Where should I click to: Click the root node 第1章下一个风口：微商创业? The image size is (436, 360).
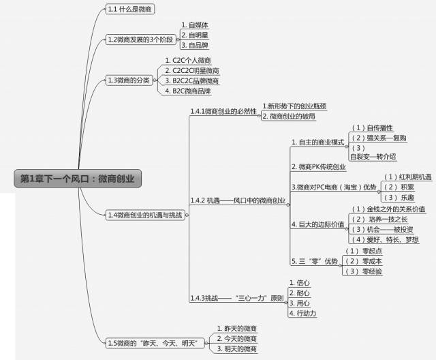click(77, 179)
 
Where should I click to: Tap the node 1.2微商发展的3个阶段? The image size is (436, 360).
click(140, 40)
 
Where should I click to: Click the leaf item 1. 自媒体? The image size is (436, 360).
click(196, 25)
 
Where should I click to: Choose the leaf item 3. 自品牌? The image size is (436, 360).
click(196, 45)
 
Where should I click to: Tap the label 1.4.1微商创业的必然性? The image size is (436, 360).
click(223, 111)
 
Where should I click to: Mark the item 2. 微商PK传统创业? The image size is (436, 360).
click(318, 166)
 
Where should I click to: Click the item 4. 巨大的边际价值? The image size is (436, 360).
click(318, 224)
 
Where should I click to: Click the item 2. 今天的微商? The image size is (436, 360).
click(236, 339)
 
